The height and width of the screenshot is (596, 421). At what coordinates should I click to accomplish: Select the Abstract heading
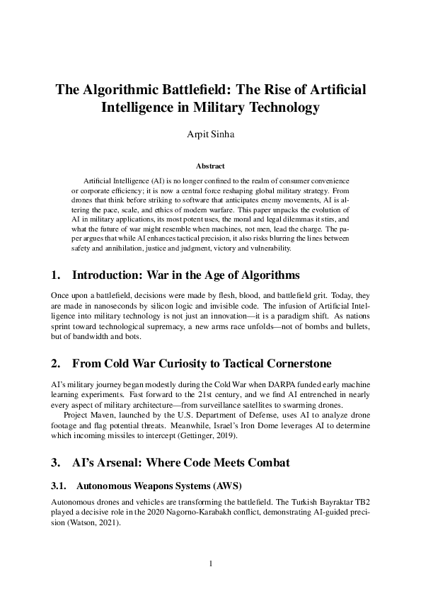[x=210, y=167]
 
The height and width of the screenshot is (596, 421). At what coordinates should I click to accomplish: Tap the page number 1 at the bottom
[x=210, y=564]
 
